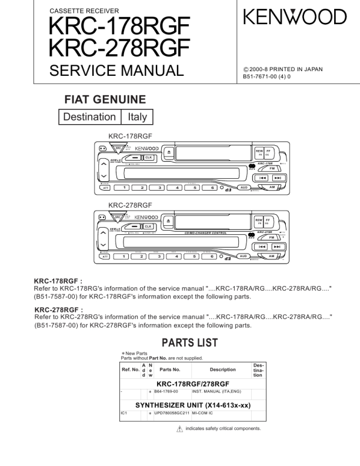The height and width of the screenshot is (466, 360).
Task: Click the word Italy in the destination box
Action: (137, 116)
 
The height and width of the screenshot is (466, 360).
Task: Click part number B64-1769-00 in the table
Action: (166, 391)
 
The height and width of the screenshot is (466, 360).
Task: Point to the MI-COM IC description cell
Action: (206, 413)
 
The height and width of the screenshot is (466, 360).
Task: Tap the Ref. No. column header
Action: (130, 370)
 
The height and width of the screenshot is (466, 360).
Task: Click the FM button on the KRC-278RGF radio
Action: (271, 237)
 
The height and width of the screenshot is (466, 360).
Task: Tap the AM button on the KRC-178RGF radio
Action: (272, 187)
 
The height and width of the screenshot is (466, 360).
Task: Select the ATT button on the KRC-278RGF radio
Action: (104, 257)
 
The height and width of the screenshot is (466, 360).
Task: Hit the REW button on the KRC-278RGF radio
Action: (258, 220)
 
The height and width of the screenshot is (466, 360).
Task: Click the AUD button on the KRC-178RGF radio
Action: (243, 188)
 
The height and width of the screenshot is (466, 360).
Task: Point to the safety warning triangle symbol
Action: (180, 428)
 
